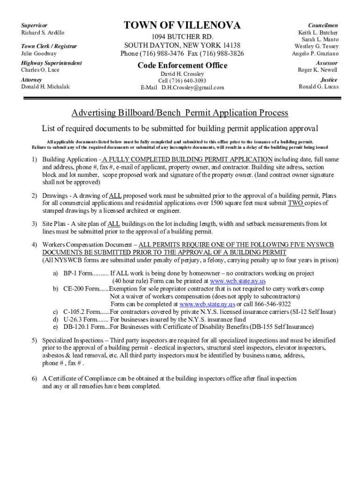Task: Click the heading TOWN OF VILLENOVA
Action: [182, 25]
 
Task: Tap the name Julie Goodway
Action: [39, 54]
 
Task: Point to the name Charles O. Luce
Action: [40, 70]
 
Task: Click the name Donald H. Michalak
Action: [45, 87]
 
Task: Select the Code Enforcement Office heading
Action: [182, 65]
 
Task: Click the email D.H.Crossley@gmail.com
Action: [193, 87]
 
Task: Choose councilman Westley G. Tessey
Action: [316, 46]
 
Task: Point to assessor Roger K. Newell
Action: [317, 70]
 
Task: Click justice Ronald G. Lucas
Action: [318, 87]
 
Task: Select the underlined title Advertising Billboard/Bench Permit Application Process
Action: [180, 113]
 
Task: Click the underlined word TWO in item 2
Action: [295, 203]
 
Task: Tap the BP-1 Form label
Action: [78, 273]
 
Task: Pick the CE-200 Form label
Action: [80, 289]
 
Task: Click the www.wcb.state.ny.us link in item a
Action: [238, 281]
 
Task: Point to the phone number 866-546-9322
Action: [270, 304]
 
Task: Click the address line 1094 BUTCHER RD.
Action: [182, 36]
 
